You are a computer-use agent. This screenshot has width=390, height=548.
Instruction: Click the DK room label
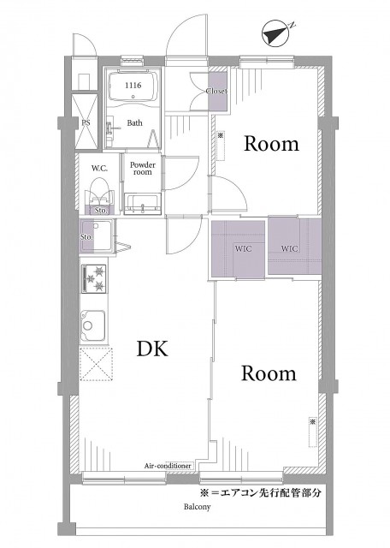coord(152,348)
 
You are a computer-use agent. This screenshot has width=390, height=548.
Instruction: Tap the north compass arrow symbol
coord(275,34)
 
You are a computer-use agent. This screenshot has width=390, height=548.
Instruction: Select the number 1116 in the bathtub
coord(133,86)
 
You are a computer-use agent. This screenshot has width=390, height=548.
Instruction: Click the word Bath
coord(135,123)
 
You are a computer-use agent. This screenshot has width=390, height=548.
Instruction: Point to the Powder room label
coord(143,168)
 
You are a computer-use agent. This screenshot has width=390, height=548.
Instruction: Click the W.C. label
coord(99,169)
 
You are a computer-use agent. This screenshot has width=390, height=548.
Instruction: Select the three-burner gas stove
coord(94,278)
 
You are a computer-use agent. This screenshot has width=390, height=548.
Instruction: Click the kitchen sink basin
coord(93,325)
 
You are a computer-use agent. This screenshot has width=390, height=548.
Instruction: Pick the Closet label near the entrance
coord(217,92)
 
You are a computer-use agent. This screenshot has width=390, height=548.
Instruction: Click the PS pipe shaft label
coord(86,123)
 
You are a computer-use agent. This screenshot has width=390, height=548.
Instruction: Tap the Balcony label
coord(198,507)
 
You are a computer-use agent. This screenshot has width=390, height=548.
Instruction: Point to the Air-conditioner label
coord(168,466)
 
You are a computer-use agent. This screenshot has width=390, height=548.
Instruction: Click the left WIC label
coord(244,249)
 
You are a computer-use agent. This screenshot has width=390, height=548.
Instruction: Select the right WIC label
coord(290,248)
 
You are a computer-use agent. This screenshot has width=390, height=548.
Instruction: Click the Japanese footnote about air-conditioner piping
coord(260,493)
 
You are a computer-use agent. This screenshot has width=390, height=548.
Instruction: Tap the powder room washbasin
coord(143,204)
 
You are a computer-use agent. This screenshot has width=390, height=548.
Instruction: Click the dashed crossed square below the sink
coord(96,364)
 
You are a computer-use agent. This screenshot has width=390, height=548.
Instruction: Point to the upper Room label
coord(271,144)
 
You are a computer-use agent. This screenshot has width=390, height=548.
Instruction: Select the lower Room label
coord(269,373)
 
